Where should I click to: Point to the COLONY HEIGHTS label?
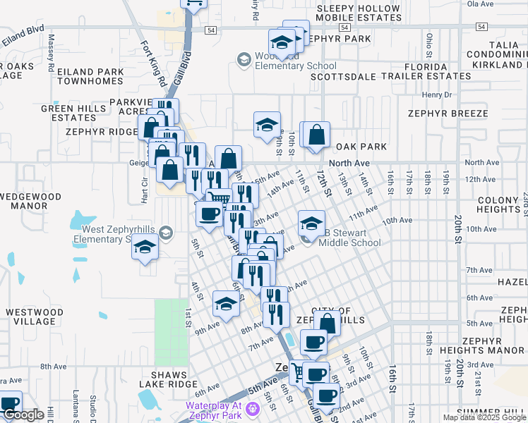(498, 205)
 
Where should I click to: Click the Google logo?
(23, 415)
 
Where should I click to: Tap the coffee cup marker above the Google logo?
(10, 405)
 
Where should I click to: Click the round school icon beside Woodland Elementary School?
(244, 59)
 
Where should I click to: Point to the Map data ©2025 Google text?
(484, 417)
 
